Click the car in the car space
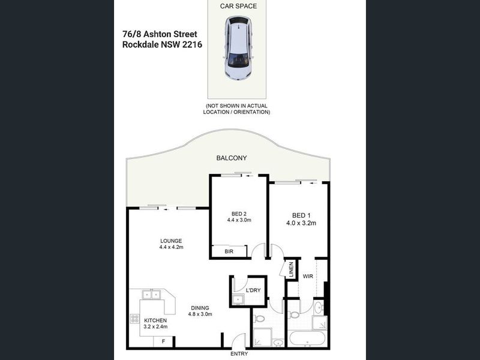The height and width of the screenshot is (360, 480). click(x=238, y=48)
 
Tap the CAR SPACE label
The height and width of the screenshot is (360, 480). click(x=238, y=6)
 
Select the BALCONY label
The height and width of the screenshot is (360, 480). click(x=232, y=158)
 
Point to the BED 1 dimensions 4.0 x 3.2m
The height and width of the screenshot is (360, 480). click(x=301, y=223)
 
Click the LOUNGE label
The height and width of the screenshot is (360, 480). click(x=171, y=241)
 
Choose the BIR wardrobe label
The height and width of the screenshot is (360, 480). click(x=229, y=251)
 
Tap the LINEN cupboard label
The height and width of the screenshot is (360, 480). click(x=291, y=269)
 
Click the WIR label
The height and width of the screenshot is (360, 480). click(x=308, y=276)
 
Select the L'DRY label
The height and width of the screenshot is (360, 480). click(x=253, y=290)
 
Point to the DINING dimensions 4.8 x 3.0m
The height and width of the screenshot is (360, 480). click(x=200, y=314)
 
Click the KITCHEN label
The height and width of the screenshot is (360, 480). click(x=155, y=320)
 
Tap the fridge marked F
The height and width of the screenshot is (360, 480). click(x=163, y=341)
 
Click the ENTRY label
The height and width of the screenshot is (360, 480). click(x=239, y=354)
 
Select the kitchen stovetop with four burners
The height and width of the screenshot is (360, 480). click(x=134, y=319)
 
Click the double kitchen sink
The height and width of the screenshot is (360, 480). click(x=151, y=295)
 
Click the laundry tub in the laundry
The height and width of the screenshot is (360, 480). click(x=238, y=299)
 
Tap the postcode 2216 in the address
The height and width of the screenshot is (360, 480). click(x=192, y=44)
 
